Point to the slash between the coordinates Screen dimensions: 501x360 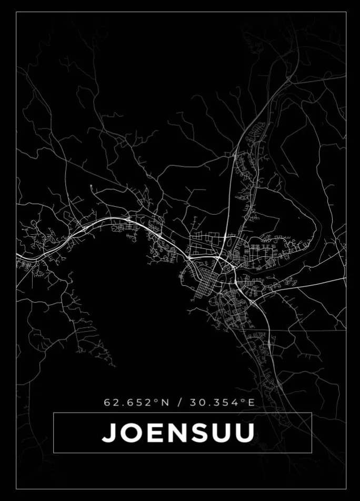click(x=179, y=403)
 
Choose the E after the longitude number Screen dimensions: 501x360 click(x=251, y=403)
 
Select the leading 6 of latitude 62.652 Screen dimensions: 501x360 click(x=107, y=403)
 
